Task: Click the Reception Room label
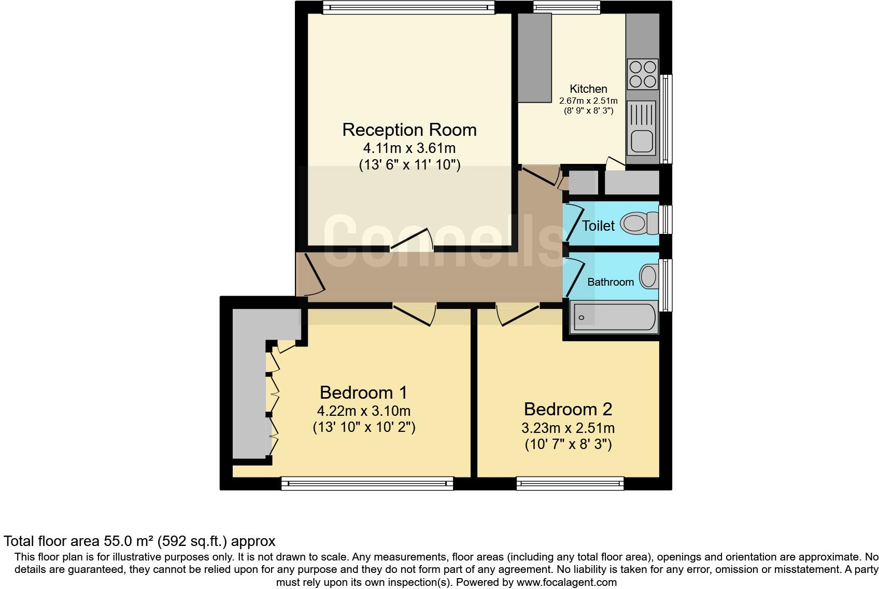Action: pyautogui.click(x=409, y=130)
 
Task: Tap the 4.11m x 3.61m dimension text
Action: pyautogui.click(x=409, y=148)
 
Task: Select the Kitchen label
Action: pyautogui.click(x=588, y=89)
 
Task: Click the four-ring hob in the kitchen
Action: pyautogui.click(x=643, y=74)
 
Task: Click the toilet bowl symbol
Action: pyautogui.click(x=634, y=223)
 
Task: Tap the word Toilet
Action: pyautogui.click(x=598, y=226)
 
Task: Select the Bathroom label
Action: pyautogui.click(x=610, y=282)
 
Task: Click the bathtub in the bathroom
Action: pyautogui.click(x=614, y=318)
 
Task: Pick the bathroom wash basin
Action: pyautogui.click(x=648, y=276)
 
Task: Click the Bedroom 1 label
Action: pyautogui.click(x=364, y=392)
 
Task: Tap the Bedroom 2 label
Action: pyautogui.click(x=568, y=409)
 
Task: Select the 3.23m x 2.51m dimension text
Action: pyautogui.click(x=568, y=428)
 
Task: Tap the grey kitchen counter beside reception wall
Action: pyautogui.click(x=534, y=57)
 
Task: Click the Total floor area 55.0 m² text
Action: pyautogui.click(x=139, y=541)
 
